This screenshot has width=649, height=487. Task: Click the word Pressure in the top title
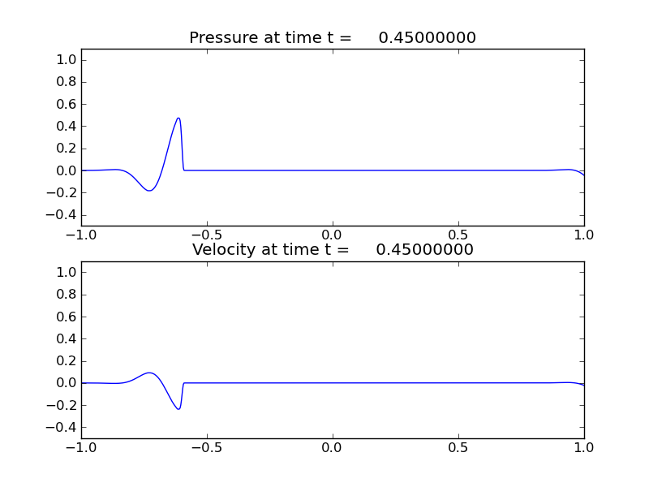pos(228,38)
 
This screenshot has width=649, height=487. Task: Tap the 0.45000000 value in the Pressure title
pos(427,38)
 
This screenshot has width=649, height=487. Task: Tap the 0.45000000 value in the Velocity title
pos(424,250)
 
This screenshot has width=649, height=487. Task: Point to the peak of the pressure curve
pos(178,119)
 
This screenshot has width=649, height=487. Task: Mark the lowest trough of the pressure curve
pos(149,191)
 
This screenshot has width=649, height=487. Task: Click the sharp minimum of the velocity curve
pos(178,408)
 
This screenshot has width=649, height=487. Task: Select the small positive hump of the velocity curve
pos(150,373)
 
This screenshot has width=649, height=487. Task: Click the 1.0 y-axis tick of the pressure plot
pos(67,60)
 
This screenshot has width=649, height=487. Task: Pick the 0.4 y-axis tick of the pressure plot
pos(67,127)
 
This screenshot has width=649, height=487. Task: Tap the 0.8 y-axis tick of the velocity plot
pos(67,295)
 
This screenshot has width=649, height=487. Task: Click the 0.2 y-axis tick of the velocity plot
pos(67,361)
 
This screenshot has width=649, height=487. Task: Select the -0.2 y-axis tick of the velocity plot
pos(65,405)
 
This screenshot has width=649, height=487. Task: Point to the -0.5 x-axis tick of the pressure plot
pos(205,235)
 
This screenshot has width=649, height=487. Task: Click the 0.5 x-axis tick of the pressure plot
pos(458,235)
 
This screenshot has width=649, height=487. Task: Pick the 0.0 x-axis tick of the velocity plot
pos(333,447)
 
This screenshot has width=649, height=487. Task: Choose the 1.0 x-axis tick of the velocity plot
pos(584,447)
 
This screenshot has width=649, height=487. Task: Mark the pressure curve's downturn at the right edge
pos(581,173)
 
